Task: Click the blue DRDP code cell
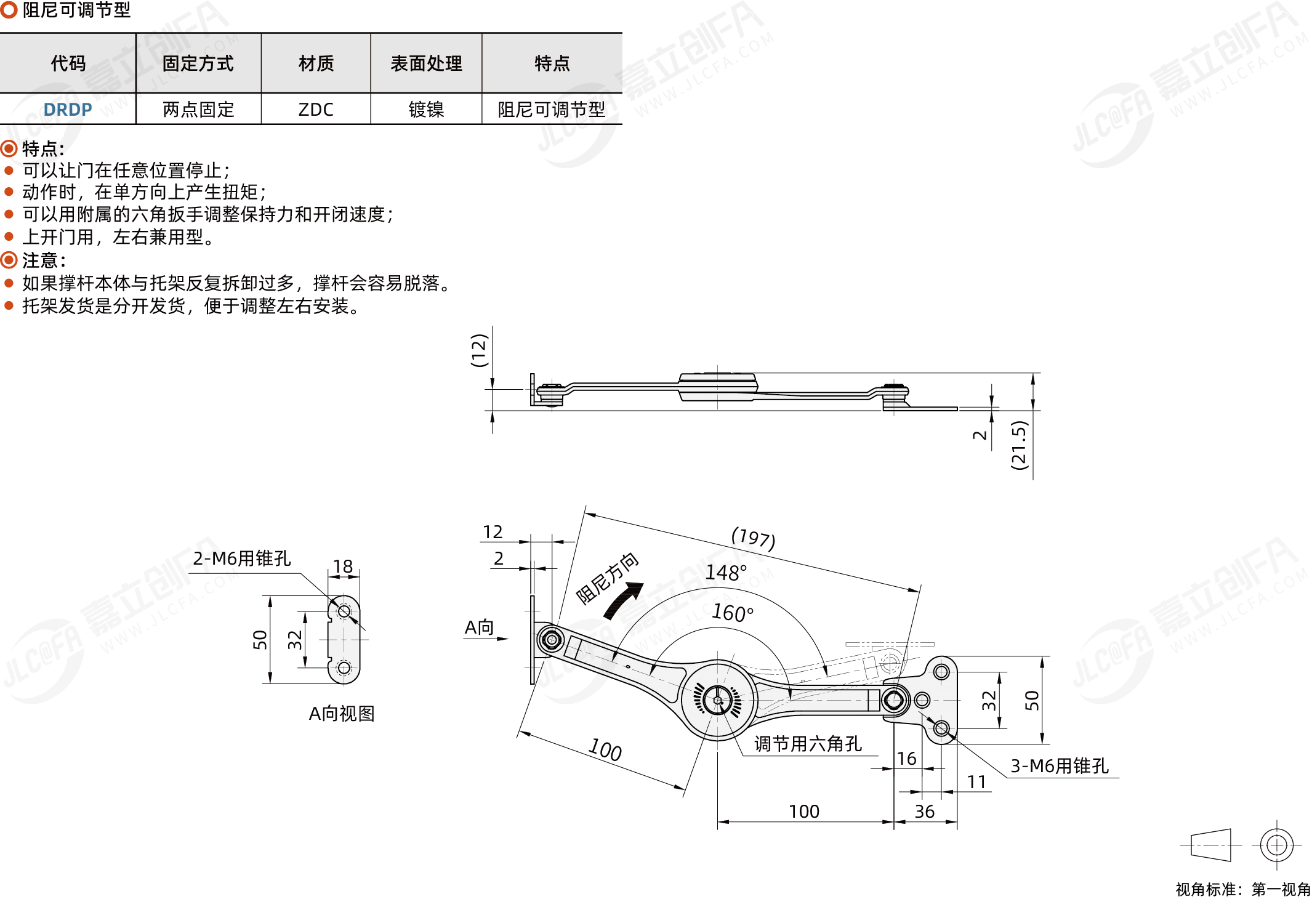[68, 110]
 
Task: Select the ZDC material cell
[316, 110]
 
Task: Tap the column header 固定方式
[198, 63]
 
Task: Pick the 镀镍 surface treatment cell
[426, 110]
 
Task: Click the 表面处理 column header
[426, 63]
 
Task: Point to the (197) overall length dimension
[753, 538]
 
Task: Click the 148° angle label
[726, 573]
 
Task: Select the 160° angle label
[733, 613]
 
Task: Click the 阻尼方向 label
[607, 578]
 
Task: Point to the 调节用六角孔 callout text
[808, 744]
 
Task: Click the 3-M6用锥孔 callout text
[1060, 765]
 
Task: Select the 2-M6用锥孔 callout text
[242, 558]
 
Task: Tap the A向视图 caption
[342, 714]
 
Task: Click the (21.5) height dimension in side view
[1020, 445]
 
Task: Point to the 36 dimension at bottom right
[924, 812]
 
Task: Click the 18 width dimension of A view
[343, 566]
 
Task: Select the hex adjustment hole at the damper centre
[717, 700]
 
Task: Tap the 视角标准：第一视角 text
[1243, 889]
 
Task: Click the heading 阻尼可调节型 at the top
[76, 10]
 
